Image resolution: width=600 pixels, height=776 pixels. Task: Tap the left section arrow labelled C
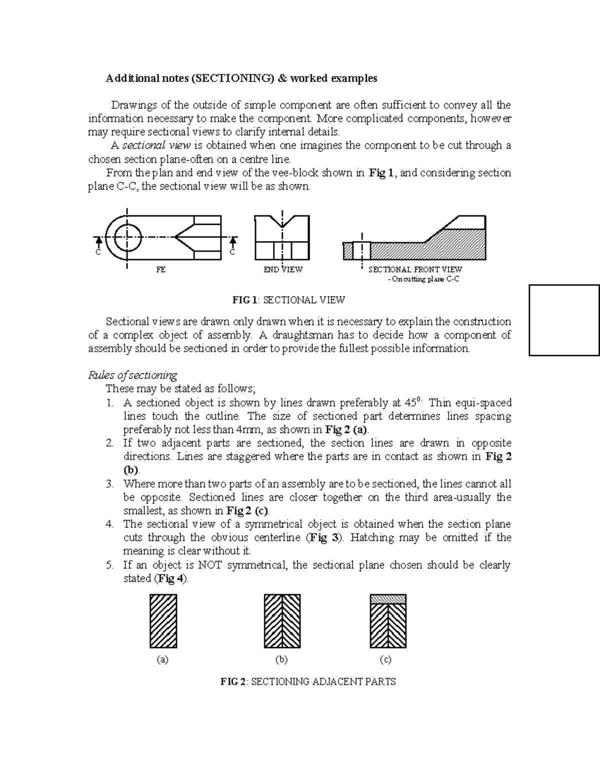pyautogui.click(x=98, y=242)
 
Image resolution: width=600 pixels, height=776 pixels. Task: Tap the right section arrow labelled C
pyautogui.click(x=232, y=242)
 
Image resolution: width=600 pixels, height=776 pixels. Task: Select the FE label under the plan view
pyautogui.click(x=160, y=270)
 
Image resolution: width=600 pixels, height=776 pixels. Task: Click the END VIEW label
pyautogui.click(x=283, y=270)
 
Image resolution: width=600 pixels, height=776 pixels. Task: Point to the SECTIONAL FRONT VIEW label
pyautogui.click(x=415, y=270)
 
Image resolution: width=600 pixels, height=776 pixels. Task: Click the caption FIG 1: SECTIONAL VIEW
pyautogui.click(x=288, y=300)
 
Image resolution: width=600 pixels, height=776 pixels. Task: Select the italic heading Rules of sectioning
pyautogui.click(x=132, y=375)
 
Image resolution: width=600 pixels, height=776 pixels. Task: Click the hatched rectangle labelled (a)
pyautogui.click(x=163, y=621)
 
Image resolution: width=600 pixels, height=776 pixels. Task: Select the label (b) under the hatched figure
pyautogui.click(x=281, y=660)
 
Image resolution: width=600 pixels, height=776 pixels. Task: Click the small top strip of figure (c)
pyautogui.click(x=387, y=599)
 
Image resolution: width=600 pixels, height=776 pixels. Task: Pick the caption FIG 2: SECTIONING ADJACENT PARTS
pyautogui.click(x=308, y=682)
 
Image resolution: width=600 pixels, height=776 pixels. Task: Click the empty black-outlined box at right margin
pyautogui.click(x=564, y=320)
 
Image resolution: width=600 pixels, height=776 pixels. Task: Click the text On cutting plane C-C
pyautogui.click(x=423, y=279)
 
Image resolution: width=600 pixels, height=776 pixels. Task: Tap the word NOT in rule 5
pyautogui.click(x=210, y=565)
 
